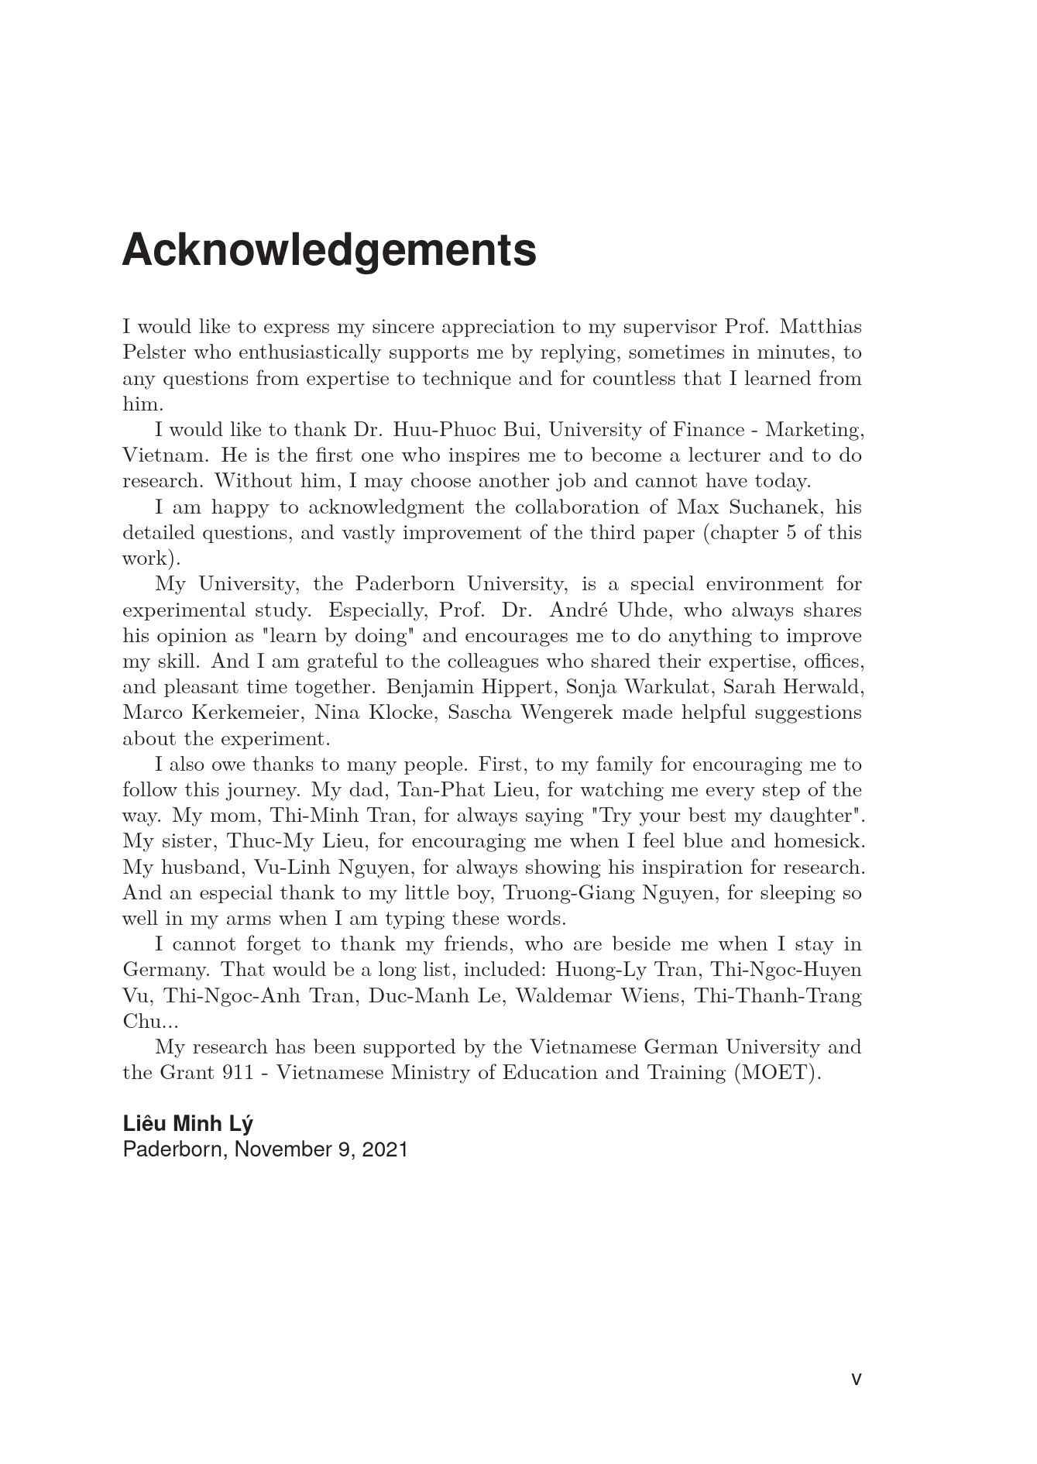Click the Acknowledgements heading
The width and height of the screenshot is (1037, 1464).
(x=329, y=250)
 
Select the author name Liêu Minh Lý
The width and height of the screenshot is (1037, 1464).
(x=187, y=1124)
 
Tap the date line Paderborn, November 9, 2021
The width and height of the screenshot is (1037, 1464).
(x=265, y=1150)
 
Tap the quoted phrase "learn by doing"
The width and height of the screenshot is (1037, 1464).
(x=335, y=636)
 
